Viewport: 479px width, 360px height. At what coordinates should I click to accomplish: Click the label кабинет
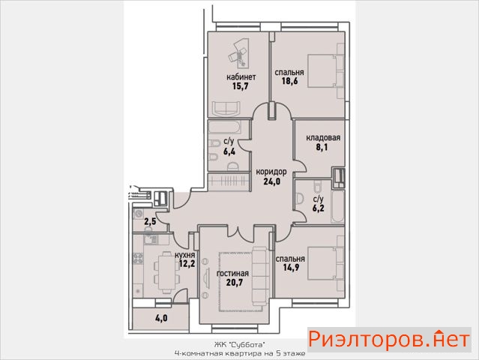coord(241,76)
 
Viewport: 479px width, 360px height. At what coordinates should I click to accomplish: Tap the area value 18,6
coord(289,81)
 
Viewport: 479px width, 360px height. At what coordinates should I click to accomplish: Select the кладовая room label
coord(323,138)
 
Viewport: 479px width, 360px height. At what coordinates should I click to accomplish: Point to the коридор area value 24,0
coord(271,181)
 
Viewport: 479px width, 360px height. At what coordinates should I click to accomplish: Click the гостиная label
coord(232,273)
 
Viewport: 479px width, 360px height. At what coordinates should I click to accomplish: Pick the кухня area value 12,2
coord(187,263)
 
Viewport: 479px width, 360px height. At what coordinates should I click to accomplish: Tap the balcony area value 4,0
coord(161,319)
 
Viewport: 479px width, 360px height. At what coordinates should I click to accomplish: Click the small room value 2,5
coord(150,221)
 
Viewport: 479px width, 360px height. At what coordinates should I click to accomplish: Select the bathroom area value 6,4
coord(229,151)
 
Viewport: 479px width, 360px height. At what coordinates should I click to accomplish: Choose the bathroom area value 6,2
coord(318,208)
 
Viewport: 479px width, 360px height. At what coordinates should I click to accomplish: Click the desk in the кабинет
coord(241,52)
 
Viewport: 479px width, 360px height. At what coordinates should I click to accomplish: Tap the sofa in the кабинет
coord(226,109)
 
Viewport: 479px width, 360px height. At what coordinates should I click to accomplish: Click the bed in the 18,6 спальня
coord(325,71)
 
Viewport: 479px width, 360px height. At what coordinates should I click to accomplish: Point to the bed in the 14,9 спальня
coord(326,263)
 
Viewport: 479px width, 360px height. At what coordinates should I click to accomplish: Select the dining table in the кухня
coord(166,272)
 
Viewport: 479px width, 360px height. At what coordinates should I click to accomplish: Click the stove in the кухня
coord(138,259)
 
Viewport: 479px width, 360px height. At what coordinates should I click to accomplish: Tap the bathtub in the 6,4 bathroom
coord(225,127)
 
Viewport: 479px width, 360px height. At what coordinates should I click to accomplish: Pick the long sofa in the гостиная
coord(260,278)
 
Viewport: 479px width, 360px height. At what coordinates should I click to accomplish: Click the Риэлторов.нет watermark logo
coord(389,339)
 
